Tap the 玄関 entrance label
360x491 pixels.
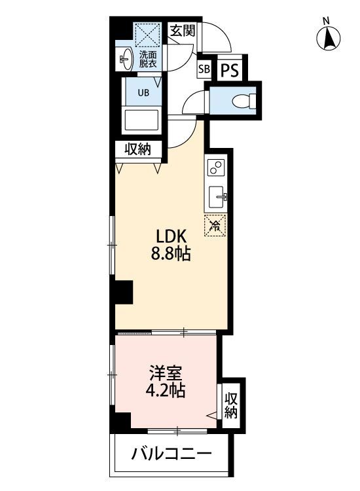click(x=181, y=30)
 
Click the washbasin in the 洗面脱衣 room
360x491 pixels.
click(x=124, y=60)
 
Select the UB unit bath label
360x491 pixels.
click(x=143, y=92)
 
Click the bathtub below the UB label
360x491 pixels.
click(x=143, y=121)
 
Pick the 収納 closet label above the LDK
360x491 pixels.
click(x=139, y=149)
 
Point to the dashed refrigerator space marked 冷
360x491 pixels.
click(x=215, y=226)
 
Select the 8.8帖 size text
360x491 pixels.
click(x=171, y=254)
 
